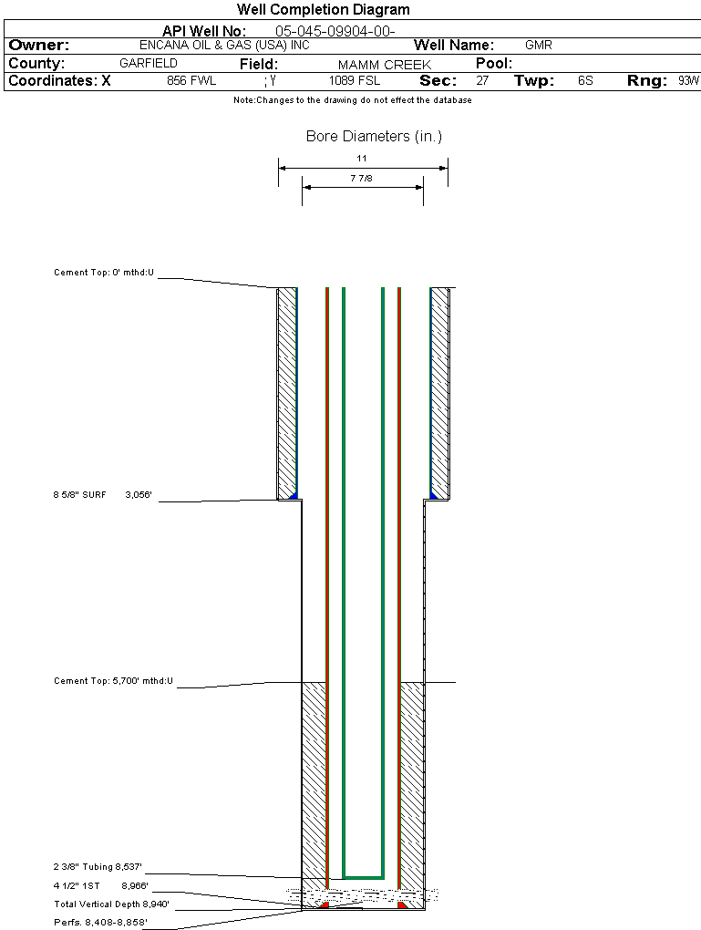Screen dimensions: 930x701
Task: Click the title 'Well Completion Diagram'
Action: (323, 10)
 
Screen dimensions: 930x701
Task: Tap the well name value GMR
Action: (538, 45)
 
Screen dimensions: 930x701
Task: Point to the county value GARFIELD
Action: (149, 64)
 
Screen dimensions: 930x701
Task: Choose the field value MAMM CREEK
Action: (384, 65)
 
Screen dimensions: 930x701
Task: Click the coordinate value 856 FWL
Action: (191, 81)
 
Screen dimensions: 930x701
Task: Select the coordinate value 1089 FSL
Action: (355, 81)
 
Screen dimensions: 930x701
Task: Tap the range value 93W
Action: (688, 81)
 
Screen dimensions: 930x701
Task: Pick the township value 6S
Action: (585, 81)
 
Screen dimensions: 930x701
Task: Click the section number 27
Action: (482, 81)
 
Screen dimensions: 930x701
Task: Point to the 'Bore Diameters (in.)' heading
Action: (374, 137)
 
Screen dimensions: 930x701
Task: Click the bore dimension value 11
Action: (362, 159)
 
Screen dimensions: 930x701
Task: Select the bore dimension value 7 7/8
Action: (362, 179)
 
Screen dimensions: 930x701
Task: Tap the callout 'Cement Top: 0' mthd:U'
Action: (104, 273)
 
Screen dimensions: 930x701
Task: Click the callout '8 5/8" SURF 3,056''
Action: (108, 495)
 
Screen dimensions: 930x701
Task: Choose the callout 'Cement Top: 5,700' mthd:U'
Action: (113, 681)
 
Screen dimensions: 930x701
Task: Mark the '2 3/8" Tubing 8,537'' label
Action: (98, 866)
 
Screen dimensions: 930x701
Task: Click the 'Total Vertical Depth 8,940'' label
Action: (111, 904)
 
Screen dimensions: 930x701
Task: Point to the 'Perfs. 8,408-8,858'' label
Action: (100, 923)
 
